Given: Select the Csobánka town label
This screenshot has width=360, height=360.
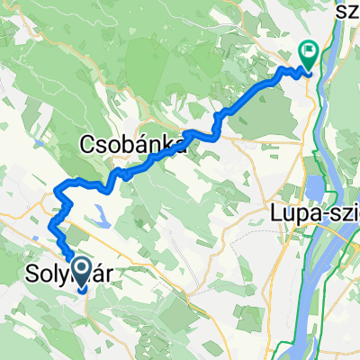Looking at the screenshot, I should [135, 144].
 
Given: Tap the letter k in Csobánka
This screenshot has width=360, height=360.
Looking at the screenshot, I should [169, 144].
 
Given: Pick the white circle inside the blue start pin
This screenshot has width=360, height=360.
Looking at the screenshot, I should [79, 267].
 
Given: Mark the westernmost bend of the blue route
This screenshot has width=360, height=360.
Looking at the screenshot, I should [55, 191].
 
